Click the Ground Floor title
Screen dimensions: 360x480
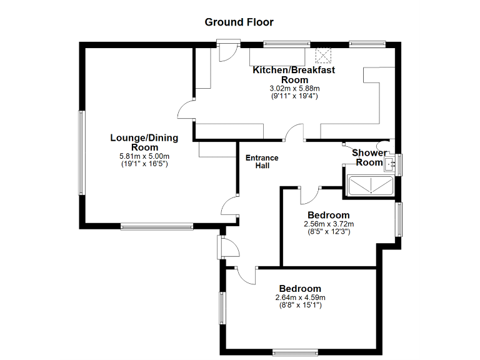[239, 22]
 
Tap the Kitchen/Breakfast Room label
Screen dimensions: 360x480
[294, 74]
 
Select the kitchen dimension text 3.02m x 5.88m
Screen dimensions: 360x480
[294, 89]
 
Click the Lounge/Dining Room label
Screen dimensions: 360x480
[144, 142]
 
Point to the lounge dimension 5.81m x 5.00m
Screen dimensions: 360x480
[144, 156]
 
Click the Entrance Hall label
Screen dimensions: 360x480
[262, 162]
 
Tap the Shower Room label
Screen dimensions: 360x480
[369, 157]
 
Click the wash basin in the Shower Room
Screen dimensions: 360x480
[390, 165]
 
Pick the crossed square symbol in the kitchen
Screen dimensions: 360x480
[324, 55]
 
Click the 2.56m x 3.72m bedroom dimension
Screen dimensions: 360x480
[329, 224]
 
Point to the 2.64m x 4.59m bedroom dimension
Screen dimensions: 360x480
[300, 297]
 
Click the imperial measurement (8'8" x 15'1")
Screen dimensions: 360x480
[300, 305]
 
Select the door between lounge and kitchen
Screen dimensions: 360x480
[186, 111]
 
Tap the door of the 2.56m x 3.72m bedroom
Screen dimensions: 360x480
[309, 196]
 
